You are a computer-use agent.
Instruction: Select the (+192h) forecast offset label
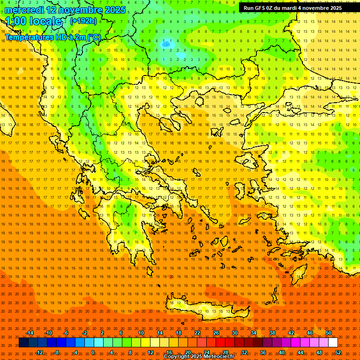click(x=83, y=21)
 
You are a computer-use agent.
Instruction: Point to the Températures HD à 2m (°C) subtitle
click(x=52, y=37)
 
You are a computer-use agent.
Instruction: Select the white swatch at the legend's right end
click(x=333, y=343)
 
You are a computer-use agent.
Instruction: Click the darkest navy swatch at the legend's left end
click(x=23, y=343)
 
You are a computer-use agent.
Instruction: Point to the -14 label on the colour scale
click(x=29, y=333)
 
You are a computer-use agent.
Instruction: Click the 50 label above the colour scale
click(x=329, y=333)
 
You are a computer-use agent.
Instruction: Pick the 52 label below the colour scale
click(x=338, y=352)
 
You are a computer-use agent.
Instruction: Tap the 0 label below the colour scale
click(x=93, y=352)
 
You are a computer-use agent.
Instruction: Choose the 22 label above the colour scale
click(x=197, y=333)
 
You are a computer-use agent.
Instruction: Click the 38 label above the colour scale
click(x=272, y=333)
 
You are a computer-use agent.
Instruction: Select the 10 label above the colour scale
click(x=141, y=333)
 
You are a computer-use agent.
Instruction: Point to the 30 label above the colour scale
click(x=235, y=333)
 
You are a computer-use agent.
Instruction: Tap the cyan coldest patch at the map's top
click(x=180, y=55)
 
